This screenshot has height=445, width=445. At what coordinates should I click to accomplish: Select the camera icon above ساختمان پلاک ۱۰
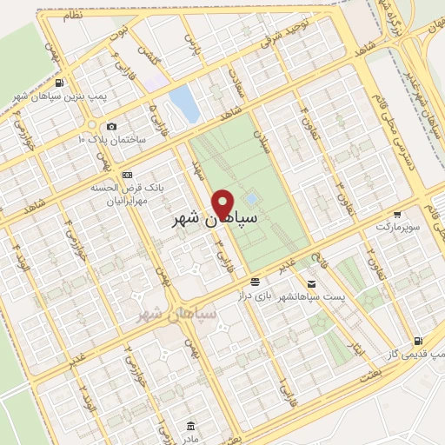112,127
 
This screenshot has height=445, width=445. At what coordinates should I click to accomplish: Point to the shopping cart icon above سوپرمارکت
397,214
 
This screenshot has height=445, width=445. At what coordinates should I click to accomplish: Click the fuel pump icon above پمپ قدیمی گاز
420,340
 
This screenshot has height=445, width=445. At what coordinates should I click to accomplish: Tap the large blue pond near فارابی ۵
183,103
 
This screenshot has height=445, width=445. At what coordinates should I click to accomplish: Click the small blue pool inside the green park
252,198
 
